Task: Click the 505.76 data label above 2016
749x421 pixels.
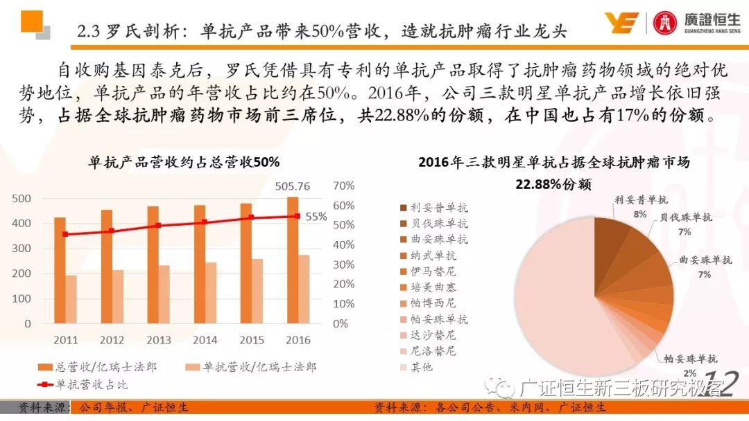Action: coord(293,186)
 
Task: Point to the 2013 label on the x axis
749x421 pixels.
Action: coord(158,340)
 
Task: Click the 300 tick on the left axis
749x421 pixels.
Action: coord(23,249)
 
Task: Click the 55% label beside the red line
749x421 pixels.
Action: coord(316,217)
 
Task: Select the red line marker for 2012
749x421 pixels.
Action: coord(112,231)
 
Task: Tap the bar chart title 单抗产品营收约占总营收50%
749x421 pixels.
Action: coord(184,163)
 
